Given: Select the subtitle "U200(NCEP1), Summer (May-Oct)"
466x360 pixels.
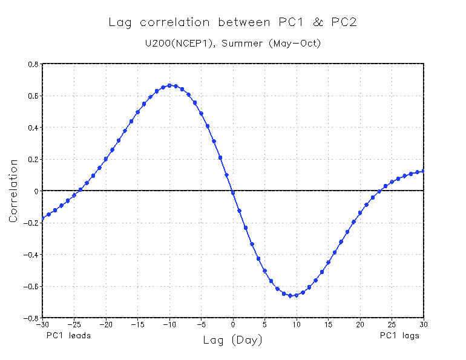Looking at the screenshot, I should [233, 44].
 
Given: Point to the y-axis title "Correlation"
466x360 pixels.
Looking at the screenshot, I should [13, 191].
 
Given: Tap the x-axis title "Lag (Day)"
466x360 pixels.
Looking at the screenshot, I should [233, 341].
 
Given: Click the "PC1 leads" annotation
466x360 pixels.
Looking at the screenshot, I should [68, 335].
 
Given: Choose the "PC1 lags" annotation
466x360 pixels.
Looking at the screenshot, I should [399, 335].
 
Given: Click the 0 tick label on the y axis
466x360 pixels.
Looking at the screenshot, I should [36, 191].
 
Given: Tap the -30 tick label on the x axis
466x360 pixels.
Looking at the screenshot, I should [42, 324].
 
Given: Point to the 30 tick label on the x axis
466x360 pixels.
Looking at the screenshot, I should [424, 324].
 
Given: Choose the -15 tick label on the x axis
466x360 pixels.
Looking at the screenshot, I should [137, 324].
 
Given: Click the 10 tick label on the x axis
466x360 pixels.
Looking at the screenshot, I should [297, 324].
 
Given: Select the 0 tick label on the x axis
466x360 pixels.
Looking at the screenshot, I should [233, 324].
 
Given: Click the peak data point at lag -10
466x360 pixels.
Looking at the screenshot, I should [169, 85].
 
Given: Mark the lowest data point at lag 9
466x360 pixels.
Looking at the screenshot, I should [290, 296].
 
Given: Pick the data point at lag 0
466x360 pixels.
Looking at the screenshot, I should [233, 192].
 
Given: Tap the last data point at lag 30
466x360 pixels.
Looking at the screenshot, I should [424, 171].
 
